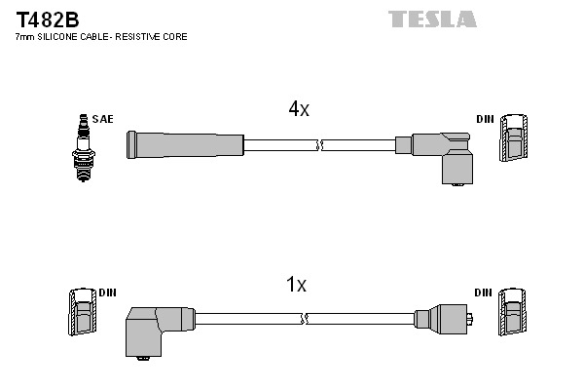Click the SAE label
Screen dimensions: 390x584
coord(103,119)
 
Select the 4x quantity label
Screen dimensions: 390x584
coord(299,110)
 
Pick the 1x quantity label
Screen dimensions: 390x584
coord(296,286)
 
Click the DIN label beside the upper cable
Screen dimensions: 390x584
coord(484,119)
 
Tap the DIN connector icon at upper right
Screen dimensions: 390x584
coord(513,138)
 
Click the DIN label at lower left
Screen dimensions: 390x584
coord(108,292)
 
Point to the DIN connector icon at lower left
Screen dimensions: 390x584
coord(82,311)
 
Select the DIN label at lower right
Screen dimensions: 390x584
coord(484,292)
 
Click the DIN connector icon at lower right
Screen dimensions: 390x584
coord(513,311)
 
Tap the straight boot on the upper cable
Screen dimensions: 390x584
coord(185,145)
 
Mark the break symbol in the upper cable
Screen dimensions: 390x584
coord(319,145)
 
